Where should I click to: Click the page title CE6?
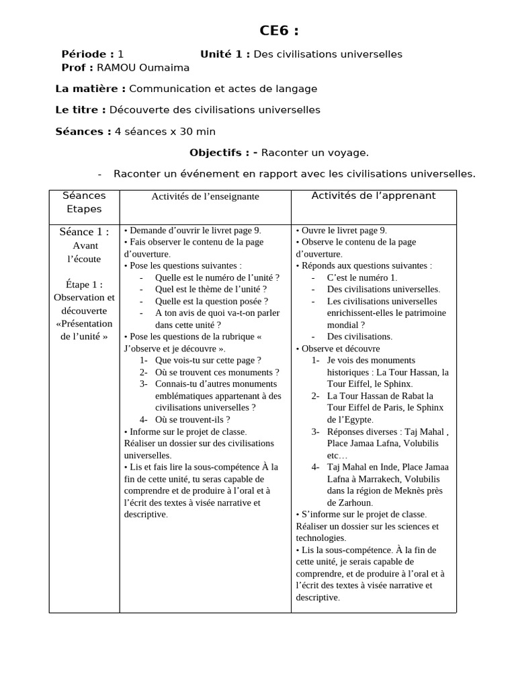click(x=279, y=31)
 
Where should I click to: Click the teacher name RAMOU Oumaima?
click(x=143, y=67)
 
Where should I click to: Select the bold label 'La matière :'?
click(x=90, y=89)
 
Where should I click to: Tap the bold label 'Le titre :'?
click(x=80, y=110)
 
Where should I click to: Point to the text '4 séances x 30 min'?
click(x=165, y=131)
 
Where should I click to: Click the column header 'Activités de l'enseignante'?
click(x=205, y=196)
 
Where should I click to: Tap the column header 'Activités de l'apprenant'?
click(x=374, y=196)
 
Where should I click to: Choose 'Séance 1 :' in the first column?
click(x=84, y=232)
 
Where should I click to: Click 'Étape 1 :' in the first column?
click(x=85, y=284)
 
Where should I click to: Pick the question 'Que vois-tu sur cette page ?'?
click(x=208, y=360)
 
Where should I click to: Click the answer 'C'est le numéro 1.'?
click(x=362, y=277)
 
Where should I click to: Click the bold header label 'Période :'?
click(x=87, y=54)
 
